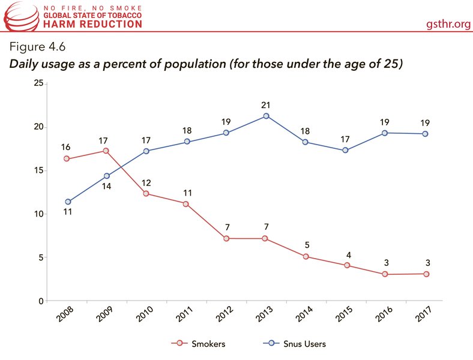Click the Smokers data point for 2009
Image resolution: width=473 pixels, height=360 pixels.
pos(106,151)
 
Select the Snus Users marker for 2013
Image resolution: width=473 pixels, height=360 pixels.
pos(266,116)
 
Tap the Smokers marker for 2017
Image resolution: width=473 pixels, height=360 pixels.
pos(426,274)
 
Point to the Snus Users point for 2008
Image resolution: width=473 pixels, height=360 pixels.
pos(67,202)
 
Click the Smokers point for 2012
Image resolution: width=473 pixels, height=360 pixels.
pos(226,238)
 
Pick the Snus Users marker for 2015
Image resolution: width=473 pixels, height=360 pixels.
pos(346,150)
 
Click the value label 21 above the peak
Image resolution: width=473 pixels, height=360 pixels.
pos(266,105)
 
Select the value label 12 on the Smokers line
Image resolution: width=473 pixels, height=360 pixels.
pos(146,182)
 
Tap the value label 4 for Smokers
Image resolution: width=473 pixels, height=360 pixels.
pos(346,254)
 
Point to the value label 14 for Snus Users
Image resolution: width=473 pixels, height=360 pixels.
pos(106,187)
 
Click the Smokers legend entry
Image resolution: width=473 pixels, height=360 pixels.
pos(197,344)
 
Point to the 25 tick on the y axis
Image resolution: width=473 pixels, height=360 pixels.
pos(38,83)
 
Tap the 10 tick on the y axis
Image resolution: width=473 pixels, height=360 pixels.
pos(38,214)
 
